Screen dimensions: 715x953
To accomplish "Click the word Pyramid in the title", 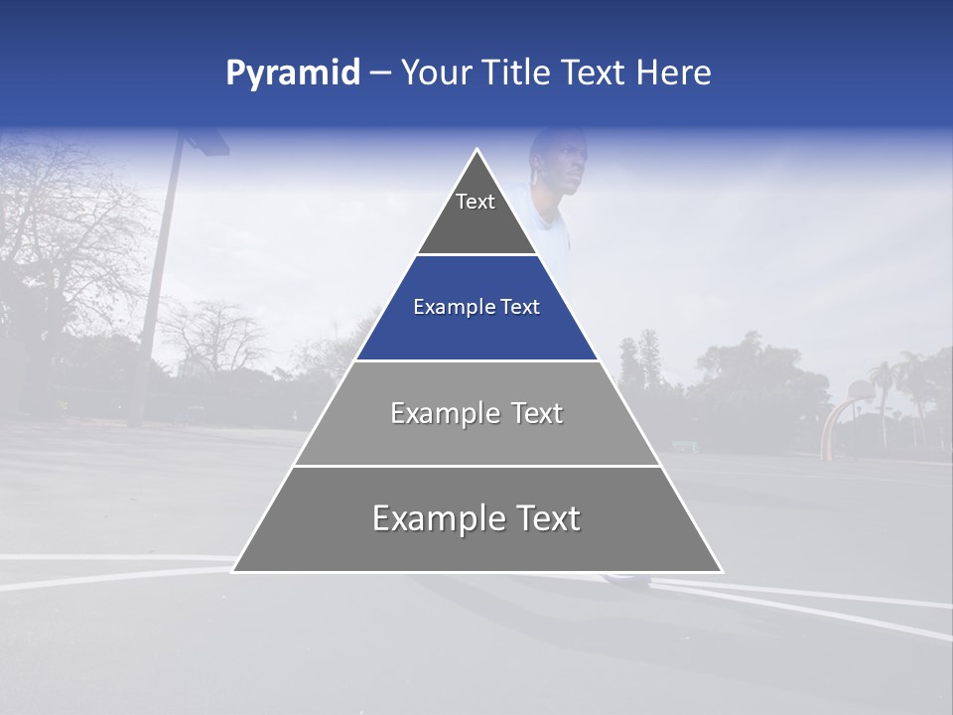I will point(293,72).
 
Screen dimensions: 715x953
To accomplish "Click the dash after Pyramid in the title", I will point(380,73).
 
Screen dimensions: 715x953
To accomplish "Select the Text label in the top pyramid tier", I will point(476,202).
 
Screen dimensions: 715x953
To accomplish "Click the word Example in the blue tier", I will point(452,307).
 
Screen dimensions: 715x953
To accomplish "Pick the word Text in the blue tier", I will point(518,307).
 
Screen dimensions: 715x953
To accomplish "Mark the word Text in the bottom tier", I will point(547,518).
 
